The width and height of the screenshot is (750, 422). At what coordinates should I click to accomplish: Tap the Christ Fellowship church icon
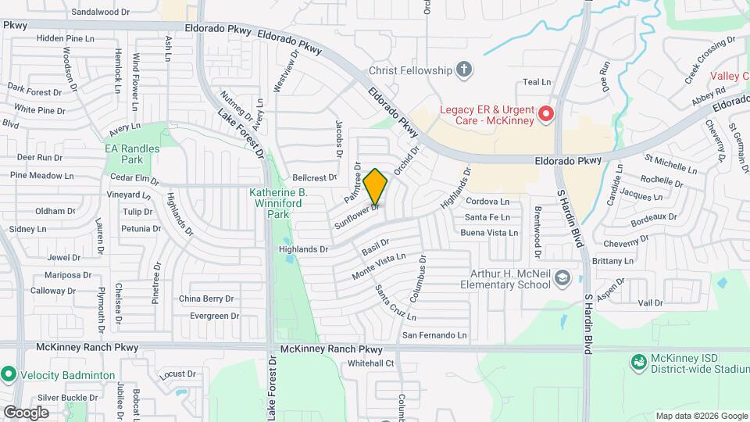coord(464,70)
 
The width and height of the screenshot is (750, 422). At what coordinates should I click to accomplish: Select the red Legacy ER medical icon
coord(545,115)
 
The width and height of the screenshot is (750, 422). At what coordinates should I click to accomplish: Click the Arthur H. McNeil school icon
coord(562,279)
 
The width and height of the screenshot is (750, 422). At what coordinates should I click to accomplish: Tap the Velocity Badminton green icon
coord(9,374)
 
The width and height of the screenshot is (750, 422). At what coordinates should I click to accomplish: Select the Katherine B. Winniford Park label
coord(278,202)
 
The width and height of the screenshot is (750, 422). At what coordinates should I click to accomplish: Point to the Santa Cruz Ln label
coord(395,302)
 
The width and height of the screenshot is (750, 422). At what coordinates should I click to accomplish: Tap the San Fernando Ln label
coord(434,335)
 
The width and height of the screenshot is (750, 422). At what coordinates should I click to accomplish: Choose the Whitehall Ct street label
coord(371,363)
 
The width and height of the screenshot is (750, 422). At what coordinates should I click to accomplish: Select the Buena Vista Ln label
coord(489,233)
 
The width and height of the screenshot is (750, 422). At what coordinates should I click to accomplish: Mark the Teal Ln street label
coord(537,82)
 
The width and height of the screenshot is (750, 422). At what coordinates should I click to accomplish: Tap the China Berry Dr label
coord(206,299)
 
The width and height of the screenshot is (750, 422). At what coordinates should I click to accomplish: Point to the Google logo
coord(26,412)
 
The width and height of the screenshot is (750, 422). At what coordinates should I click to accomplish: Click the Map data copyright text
coord(701,416)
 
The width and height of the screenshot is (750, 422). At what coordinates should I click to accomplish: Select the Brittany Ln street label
coord(616,261)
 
